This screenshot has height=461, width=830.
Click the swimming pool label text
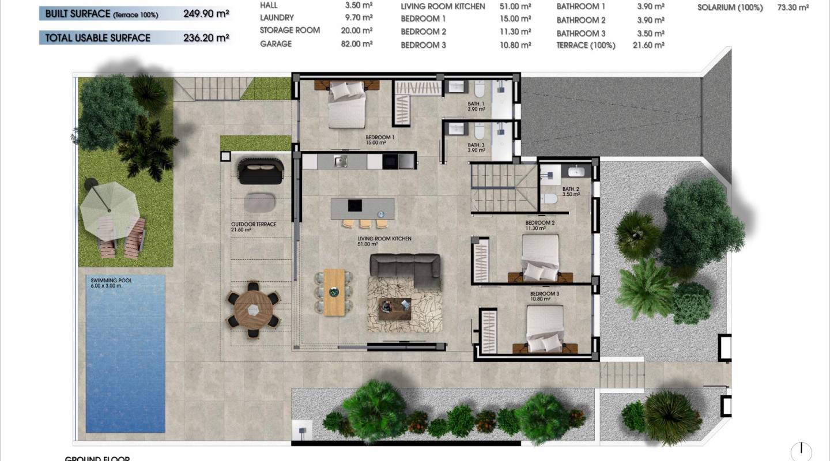click(111, 283)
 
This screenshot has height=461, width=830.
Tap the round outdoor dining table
click(253, 309)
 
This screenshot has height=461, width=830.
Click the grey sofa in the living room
click(405, 266)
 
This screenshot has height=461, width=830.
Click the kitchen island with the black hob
click(363, 206)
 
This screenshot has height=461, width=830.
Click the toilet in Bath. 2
click(550, 199)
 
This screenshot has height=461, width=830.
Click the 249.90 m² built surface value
click(206, 14)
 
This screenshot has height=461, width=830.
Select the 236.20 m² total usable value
click(206, 38)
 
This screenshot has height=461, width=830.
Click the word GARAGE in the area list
click(276, 44)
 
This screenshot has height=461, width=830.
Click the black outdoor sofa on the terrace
click(261, 171)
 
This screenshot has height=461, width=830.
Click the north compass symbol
click(801, 451)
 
